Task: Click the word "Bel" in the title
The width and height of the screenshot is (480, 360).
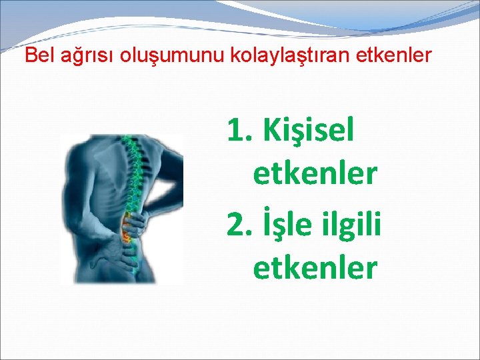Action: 37,55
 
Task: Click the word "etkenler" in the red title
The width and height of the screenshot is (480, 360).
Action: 401,55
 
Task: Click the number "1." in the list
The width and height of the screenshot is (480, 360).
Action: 241,131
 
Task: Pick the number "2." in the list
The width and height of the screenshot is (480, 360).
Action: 241,225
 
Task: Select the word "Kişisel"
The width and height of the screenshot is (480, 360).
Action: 309,131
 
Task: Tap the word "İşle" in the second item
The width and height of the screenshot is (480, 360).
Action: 291,225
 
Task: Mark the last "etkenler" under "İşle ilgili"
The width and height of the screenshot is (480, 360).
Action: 315,268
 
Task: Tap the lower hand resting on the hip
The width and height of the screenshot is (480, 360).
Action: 120,252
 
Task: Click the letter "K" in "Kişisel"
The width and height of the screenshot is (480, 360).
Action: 272,131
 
